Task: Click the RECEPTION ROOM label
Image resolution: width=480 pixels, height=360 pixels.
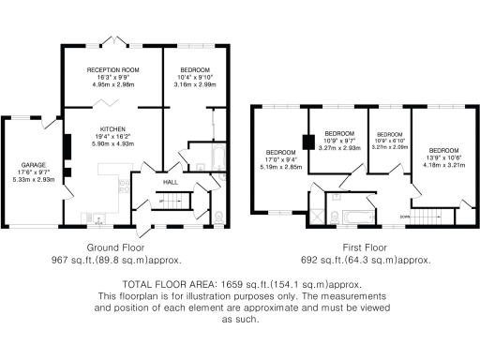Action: (112, 70)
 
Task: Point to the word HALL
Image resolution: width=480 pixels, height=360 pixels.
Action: (171, 182)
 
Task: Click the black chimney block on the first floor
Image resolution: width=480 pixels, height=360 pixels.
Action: (307, 143)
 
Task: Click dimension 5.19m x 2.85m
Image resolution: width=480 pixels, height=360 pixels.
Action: (279, 166)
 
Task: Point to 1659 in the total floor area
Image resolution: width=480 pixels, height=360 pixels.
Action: (234, 283)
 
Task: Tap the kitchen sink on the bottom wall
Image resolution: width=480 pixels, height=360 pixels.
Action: (99, 219)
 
